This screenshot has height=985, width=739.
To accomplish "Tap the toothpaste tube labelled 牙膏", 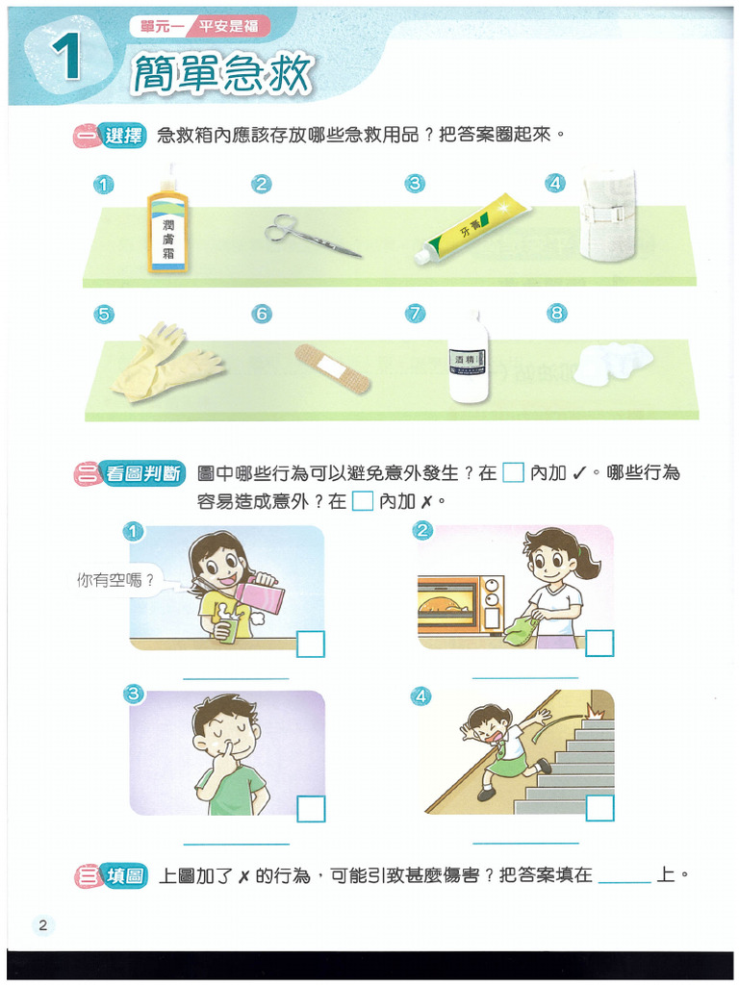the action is point(472,229).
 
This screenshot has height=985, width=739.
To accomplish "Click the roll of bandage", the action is point(607,214).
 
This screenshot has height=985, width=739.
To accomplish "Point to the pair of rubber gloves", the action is point(166,363).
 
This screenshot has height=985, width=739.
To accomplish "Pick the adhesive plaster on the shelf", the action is point(332,368).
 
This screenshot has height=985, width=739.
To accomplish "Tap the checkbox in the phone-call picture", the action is point(311,644).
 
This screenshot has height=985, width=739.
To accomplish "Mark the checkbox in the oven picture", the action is point(599,644).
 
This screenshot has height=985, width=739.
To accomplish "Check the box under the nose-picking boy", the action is point(311,808).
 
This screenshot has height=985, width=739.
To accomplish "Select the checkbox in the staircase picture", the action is point(599,808).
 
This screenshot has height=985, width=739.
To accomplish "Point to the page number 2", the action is point(42,924).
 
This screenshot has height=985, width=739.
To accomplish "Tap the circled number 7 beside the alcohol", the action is point(415,313).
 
